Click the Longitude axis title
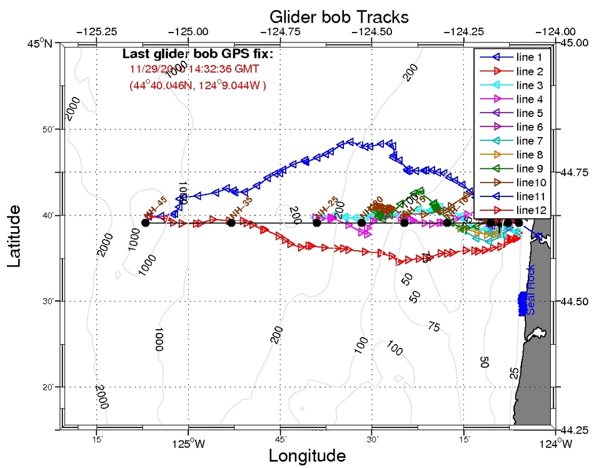307,455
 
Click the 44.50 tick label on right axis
574,302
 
